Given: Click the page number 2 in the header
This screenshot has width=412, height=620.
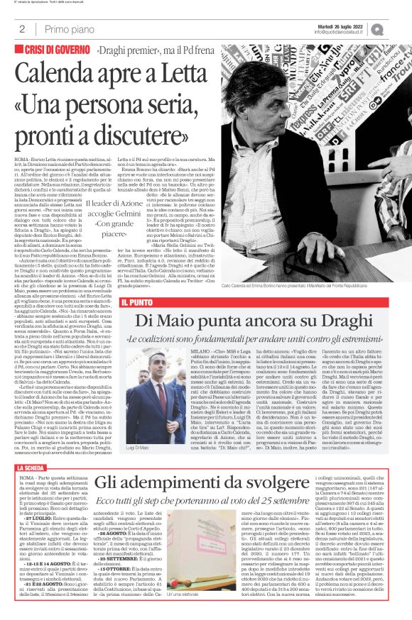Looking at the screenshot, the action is point(23,29).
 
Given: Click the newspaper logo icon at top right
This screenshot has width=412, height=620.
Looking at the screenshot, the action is point(396,28).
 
